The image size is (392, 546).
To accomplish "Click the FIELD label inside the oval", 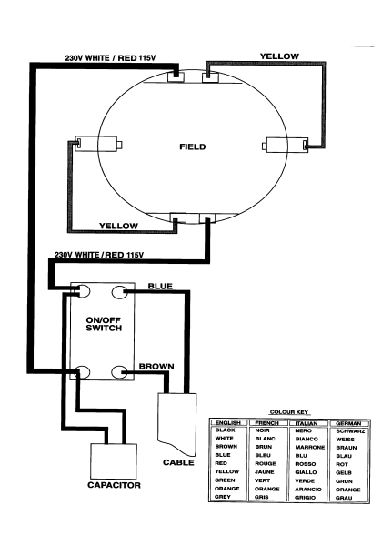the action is coord(193,147).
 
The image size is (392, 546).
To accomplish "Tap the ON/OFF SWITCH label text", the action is coord(104,324).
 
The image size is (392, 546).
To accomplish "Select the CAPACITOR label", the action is coord(114,485).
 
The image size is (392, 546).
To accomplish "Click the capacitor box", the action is coord(114,461).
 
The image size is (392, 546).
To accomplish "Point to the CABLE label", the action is coord(178,462).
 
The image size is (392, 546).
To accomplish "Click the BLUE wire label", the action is coord(160,287).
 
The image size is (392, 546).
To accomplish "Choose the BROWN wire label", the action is coord(156,367).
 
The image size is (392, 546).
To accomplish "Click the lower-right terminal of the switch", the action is coord(119,372).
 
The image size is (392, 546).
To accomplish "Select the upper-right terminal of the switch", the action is coord(119,292).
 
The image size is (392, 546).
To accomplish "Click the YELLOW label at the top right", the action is coord(279,56).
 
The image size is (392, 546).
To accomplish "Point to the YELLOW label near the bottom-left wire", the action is coord(118,226).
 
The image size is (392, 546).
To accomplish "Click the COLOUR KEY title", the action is coord(289,412).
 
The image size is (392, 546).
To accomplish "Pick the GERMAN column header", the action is coord(348,423).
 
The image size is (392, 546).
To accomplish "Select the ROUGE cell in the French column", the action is coord(266,463).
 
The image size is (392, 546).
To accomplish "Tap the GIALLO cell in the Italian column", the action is coord(306,472).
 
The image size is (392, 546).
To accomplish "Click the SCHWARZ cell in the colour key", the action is coord(350,431).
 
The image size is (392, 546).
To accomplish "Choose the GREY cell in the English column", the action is coord(223,497).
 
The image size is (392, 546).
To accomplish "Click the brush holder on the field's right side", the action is coord(285,145).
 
